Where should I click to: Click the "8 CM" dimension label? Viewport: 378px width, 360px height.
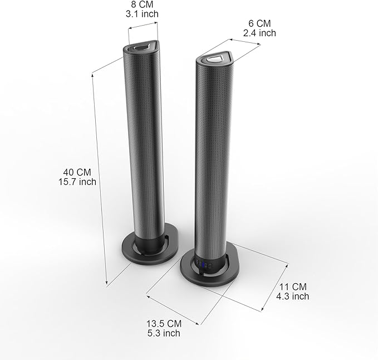(x=142, y=4)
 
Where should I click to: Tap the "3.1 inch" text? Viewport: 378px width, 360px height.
(x=142, y=14)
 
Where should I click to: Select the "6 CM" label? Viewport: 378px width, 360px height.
(x=259, y=23)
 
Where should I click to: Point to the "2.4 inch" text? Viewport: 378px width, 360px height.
(x=259, y=33)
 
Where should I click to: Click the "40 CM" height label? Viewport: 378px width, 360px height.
(x=77, y=172)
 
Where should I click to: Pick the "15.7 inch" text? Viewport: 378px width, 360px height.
(x=77, y=182)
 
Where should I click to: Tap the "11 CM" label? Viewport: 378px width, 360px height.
(x=293, y=286)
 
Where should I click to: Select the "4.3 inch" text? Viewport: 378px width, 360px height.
(x=293, y=296)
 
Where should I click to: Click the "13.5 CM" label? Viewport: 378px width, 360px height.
(x=164, y=324)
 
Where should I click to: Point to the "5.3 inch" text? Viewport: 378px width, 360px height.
(x=164, y=333)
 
